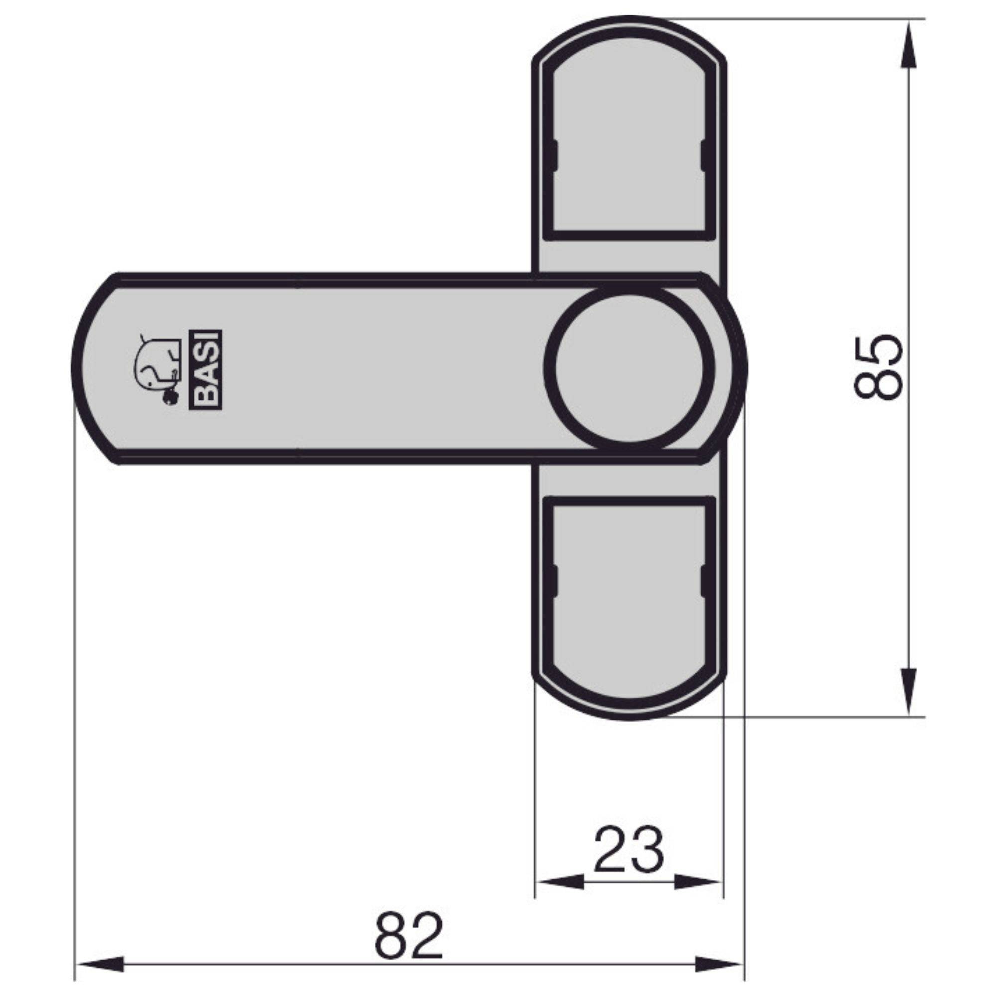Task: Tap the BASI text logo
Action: pyautogui.click(x=207, y=369)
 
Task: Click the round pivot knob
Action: pyautogui.click(x=630, y=365)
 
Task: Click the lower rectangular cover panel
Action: pyautogui.click(x=629, y=593)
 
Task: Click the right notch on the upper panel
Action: pyautogui.click(x=704, y=155)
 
